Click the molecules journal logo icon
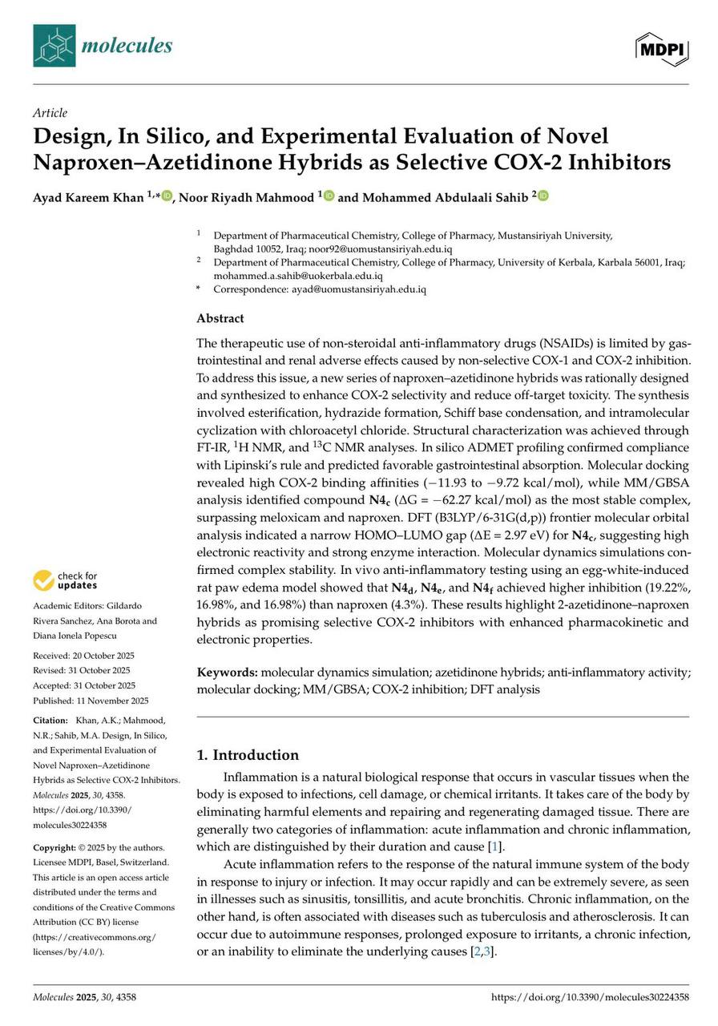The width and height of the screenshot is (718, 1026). (54, 46)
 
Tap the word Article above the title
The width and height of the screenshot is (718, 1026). (50, 113)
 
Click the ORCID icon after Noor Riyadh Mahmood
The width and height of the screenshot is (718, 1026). (329, 196)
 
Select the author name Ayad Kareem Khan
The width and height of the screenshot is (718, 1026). (89, 196)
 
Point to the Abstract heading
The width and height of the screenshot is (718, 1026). (220, 317)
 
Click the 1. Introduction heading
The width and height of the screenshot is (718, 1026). (248, 755)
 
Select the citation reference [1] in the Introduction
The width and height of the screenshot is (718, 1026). (498, 846)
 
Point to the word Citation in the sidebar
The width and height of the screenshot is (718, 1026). (52, 721)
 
